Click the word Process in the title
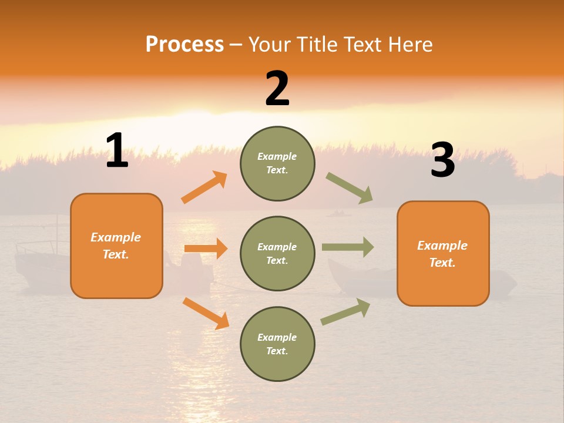[184, 44]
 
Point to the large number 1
[117, 151]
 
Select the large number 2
[277, 89]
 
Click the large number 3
[442, 161]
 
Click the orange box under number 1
[116, 246]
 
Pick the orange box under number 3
[443, 253]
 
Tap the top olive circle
[277, 163]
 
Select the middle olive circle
[277, 253]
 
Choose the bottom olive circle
[277, 344]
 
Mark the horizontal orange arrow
[206, 249]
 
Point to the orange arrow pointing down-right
[206, 313]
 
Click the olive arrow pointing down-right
[350, 188]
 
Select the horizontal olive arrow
[348, 247]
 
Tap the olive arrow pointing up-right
[346, 312]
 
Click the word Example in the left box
[116, 237]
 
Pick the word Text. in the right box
[442, 263]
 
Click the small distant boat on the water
[338, 213]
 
